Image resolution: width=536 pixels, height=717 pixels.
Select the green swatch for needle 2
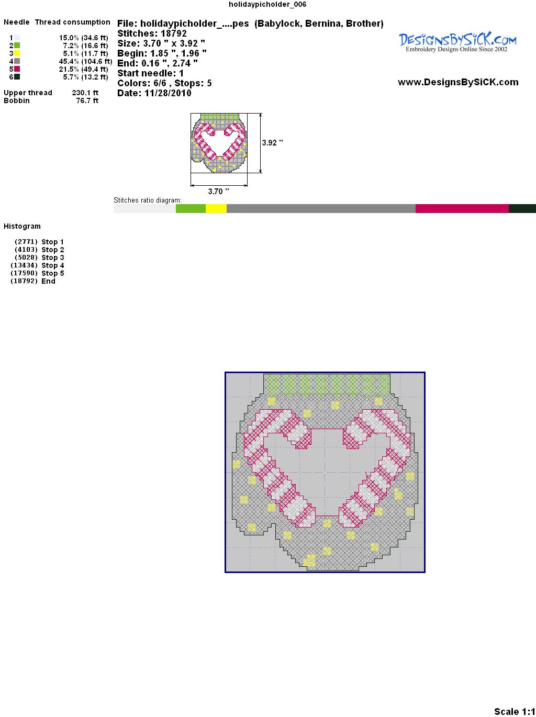pyautogui.click(x=17, y=46)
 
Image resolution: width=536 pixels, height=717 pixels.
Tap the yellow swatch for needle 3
pyautogui.click(x=17, y=53)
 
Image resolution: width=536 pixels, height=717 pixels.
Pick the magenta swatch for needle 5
pyautogui.click(x=17, y=69)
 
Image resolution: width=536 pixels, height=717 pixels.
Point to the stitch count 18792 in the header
pyautogui.click(x=174, y=33)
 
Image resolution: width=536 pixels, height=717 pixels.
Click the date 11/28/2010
pyautogui.click(x=168, y=93)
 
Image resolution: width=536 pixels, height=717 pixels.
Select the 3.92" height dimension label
pyautogui.click(x=272, y=143)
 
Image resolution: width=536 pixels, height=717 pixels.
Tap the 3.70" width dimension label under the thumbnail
pyautogui.click(x=218, y=191)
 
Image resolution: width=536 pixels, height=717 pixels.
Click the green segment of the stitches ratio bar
pyautogui.click(x=191, y=208)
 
